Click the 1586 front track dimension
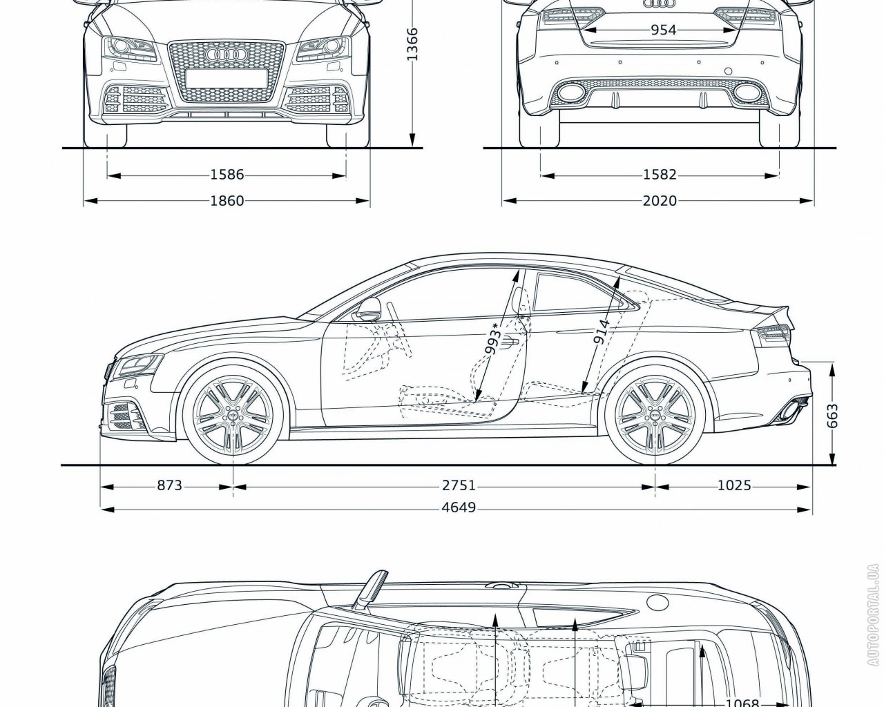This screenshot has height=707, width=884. coord(227,175)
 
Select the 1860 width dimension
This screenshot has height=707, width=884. coord(227,201)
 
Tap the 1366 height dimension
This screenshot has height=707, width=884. coord(412,43)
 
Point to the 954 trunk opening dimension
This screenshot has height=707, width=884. coord(662,30)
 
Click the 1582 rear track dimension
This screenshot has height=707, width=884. coord(660,175)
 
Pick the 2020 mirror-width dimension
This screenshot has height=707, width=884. coord(660,201)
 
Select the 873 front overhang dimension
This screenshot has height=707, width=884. coord(169,486)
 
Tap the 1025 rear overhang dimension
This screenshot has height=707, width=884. coord(733,486)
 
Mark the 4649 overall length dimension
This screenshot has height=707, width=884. coord(459,508)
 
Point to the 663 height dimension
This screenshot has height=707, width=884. coord(832,416)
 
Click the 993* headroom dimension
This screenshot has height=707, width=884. coord(493,338)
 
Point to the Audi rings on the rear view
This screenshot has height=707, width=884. coord(657,4)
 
